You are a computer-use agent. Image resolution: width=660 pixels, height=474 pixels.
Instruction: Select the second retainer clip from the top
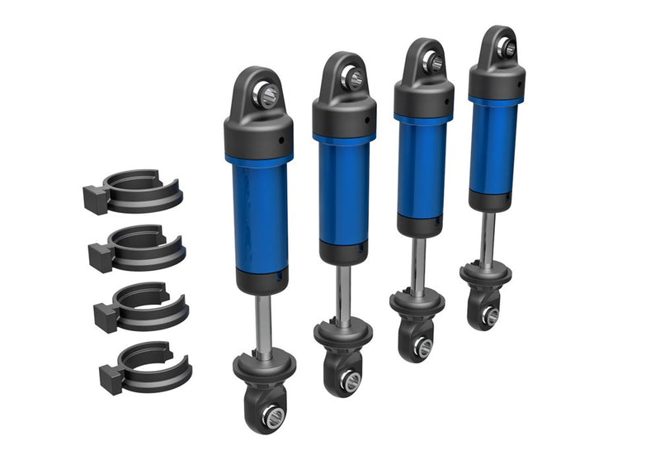137,246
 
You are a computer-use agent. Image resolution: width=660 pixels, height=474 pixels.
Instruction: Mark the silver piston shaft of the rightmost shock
489,239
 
